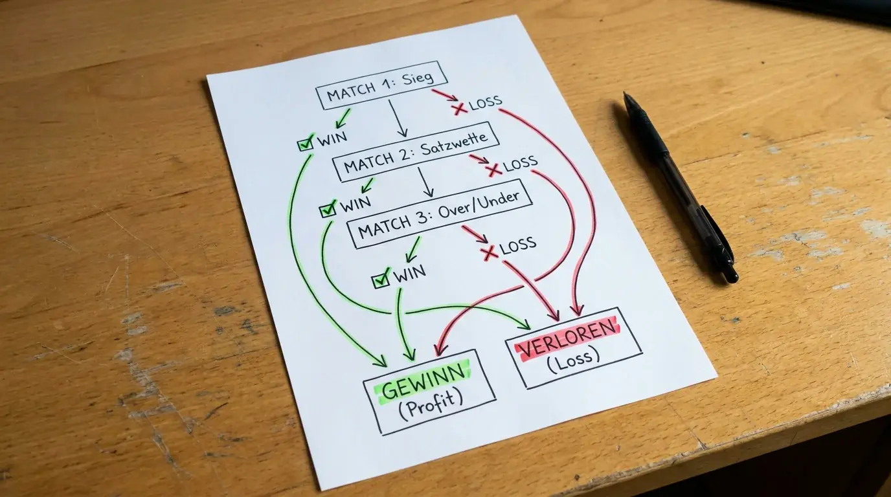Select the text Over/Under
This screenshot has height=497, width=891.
coord(479,204)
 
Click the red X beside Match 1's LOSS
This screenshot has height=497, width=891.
coord(460,108)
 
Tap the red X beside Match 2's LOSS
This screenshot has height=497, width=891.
coord(493,170)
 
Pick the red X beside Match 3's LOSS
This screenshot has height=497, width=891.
coord(489,252)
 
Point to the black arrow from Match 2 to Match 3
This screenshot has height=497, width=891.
coord(424,182)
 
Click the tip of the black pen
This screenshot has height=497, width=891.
coord(626,94)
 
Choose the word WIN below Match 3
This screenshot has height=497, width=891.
coord(410,274)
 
